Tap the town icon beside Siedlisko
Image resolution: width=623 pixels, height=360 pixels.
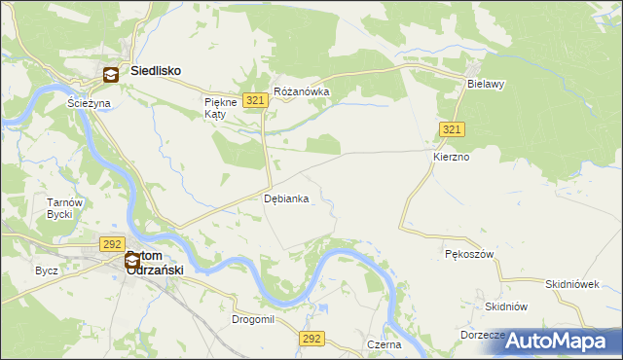tap(112, 73)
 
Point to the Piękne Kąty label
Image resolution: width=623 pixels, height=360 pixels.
tap(216, 108)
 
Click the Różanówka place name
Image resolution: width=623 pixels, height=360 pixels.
tap(302, 92)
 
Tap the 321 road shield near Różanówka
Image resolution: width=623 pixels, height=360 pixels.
tap(256, 100)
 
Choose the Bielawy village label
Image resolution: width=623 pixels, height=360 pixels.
tap(486, 85)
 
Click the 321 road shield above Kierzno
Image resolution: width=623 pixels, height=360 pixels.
tap(451, 129)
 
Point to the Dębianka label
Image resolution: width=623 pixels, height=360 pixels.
tap(287, 198)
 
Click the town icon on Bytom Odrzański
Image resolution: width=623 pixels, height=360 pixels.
tap(132, 261)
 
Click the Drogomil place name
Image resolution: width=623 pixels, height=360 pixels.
tap(255, 319)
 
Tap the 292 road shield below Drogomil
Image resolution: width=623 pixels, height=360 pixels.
tap(311, 338)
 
